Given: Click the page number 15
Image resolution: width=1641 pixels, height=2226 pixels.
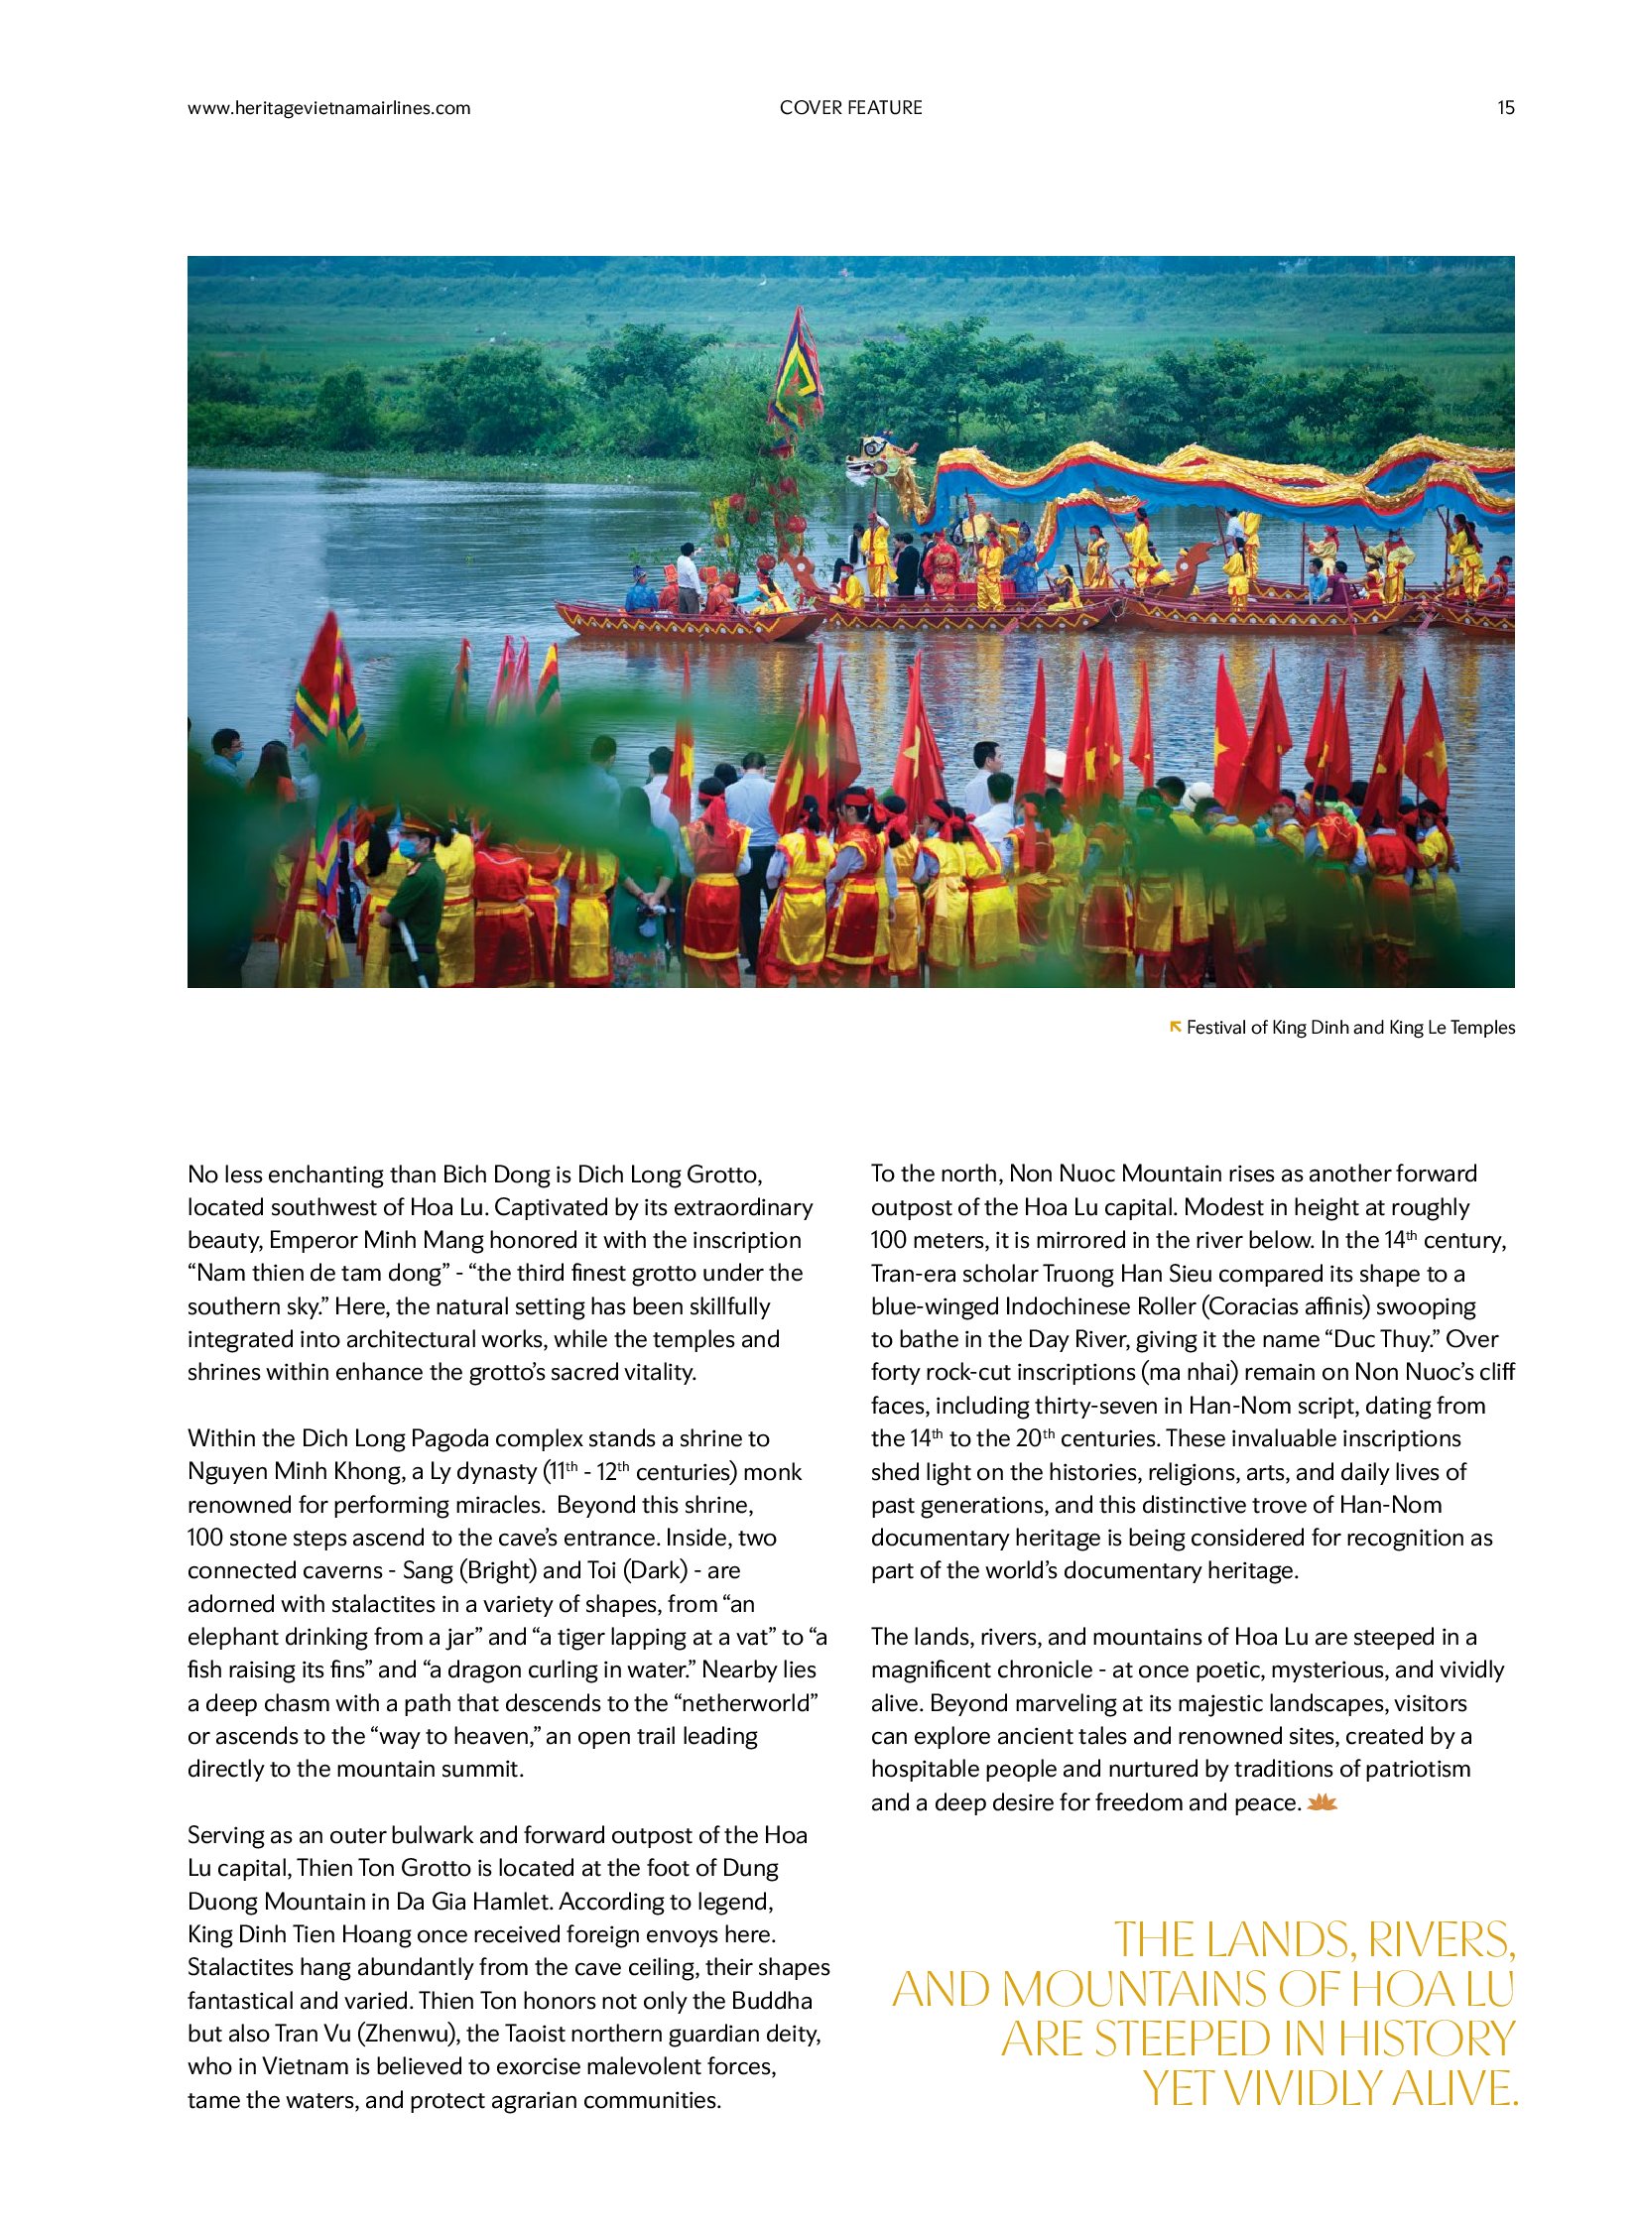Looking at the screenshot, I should coord(1505,108).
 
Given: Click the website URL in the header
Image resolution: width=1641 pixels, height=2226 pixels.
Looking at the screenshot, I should coord(328,108).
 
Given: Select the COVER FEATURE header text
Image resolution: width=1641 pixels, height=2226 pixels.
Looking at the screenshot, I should coord(850,108).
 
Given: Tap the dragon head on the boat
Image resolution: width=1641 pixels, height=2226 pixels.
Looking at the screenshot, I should coord(875,461).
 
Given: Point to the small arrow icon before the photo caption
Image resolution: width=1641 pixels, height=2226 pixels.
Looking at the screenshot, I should coord(1176,1026).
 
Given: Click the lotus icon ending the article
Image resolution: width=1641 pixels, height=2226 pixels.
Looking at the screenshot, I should coord(1323,1801).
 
